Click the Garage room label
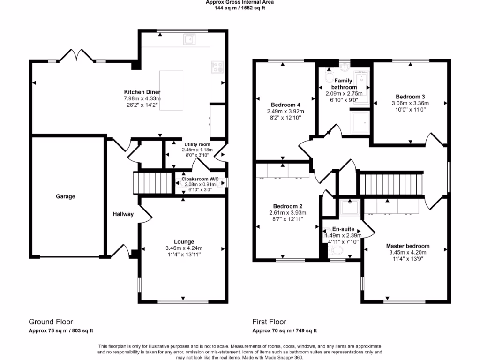pos(66,196)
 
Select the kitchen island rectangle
pos(172,90)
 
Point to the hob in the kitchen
pos(217,67)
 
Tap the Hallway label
pos(123,214)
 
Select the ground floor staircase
pos(152,183)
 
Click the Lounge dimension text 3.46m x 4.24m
pos(184,248)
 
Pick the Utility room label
pos(197,144)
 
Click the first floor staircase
pos(390,183)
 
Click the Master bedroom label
pos(407,246)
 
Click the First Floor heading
pos(269,322)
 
